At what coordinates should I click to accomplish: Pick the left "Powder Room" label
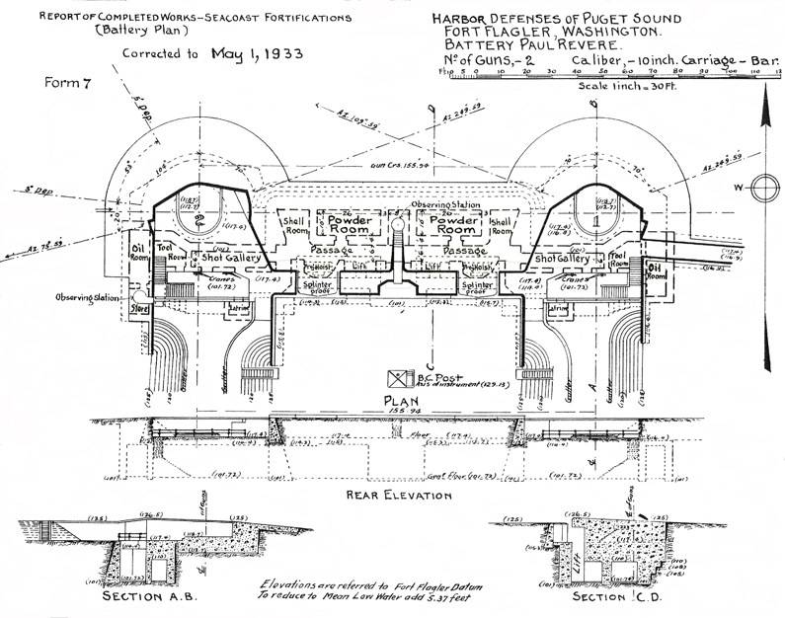(x=341, y=223)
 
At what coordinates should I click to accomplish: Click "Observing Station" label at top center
(x=445, y=204)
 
